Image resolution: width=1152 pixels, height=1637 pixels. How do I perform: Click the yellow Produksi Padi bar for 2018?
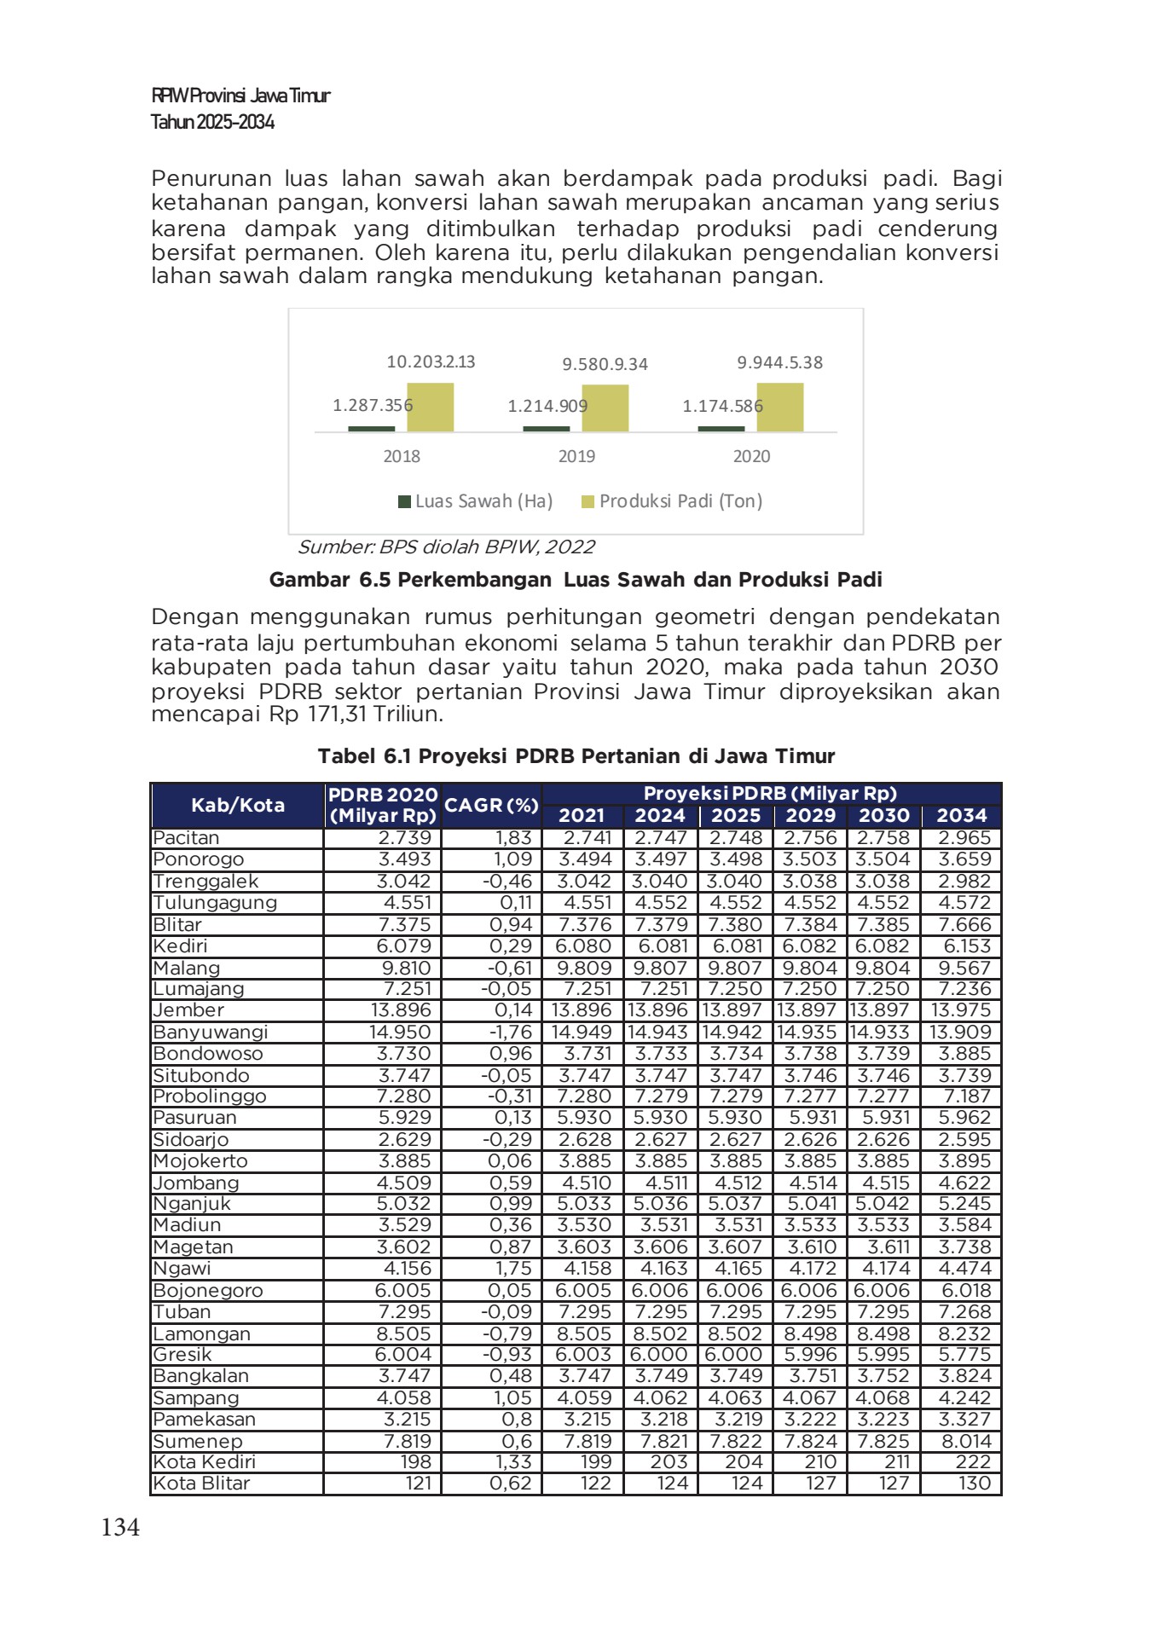point(430,408)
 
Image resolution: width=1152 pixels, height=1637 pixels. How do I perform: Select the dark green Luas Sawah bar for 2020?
point(721,429)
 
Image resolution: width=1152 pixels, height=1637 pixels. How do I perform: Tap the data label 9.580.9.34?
point(605,364)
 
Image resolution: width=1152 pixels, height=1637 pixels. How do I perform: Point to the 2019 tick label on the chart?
point(576,456)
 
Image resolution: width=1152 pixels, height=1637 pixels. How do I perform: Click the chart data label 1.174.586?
point(722,406)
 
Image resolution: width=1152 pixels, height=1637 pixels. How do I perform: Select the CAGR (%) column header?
point(492,805)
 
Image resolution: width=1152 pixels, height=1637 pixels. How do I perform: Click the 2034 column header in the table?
point(961,815)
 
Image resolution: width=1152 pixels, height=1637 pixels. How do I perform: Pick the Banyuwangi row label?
point(210,1032)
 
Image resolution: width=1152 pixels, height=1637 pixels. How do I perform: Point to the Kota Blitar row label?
point(201,1484)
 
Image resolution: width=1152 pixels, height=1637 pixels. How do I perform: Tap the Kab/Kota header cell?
point(237,805)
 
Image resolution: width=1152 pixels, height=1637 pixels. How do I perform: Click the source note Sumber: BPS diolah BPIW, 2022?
point(446,547)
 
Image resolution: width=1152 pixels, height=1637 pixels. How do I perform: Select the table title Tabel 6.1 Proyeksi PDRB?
point(576,756)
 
